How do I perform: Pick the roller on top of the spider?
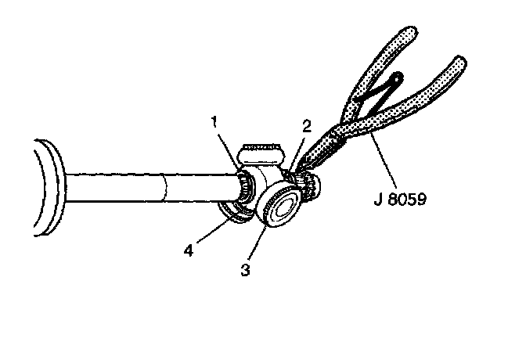coord(263,149)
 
